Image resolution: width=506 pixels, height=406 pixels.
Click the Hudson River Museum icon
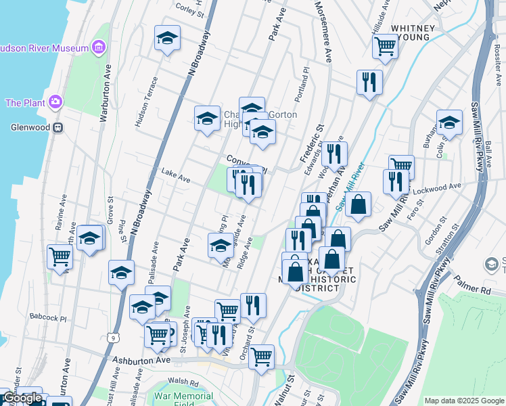point(99,47)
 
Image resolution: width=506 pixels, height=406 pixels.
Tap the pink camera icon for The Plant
point(54,103)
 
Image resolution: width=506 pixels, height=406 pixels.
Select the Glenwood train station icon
point(59,127)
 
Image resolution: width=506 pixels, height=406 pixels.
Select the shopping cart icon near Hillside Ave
point(385,46)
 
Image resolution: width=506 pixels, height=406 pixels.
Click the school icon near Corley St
point(166,39)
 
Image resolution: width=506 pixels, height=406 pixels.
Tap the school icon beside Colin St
point(448,122)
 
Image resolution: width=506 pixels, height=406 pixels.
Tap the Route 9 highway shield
point(109,336)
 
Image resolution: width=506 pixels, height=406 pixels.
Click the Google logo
point(22,398)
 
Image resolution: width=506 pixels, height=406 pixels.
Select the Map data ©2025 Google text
point(463,401)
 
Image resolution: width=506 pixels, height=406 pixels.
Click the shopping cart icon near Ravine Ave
point(60,256)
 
